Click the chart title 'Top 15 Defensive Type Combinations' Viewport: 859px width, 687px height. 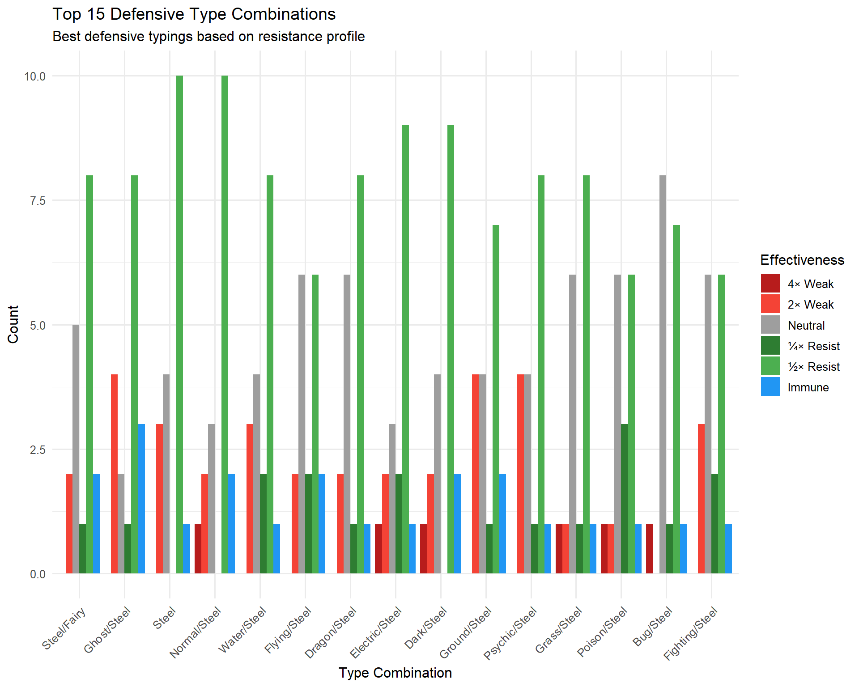pos(194,14)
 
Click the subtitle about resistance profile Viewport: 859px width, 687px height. pos(208,36)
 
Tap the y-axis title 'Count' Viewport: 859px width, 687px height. pos(13,324)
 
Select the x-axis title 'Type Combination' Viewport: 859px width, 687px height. pos(395,673)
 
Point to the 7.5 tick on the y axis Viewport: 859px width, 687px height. pos(38,201)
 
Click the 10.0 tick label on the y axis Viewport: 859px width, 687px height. pos(35,76)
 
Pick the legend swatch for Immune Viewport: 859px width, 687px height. pos(770,387)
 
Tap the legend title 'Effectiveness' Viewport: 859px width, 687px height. pos(802,260)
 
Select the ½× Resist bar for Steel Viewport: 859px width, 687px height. pos(179,325)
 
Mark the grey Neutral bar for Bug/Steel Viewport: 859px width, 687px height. pos(663,374)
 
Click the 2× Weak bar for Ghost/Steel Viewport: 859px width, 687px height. pos(115,474)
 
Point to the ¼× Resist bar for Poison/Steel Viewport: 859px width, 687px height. pos(625,499)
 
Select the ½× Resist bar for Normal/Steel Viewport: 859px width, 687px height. pos(225,325)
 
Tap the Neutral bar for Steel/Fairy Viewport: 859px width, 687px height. pos(76,449)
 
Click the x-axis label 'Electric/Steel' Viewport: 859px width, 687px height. pos(376,632)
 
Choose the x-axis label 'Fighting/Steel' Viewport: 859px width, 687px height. pos(690,633)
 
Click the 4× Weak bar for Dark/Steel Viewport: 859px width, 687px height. pos(424,548)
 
